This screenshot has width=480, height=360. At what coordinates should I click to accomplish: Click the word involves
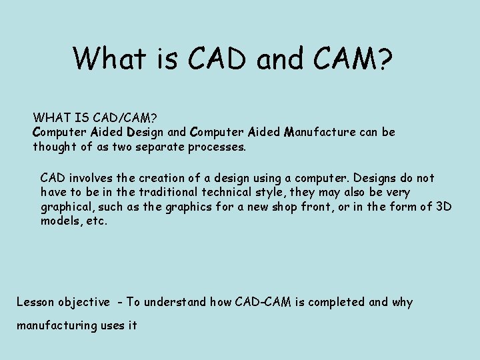coord(89,178)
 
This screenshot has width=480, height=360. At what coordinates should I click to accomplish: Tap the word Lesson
coord(35,302)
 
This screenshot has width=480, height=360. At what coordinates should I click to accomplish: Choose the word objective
coord(84,302)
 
